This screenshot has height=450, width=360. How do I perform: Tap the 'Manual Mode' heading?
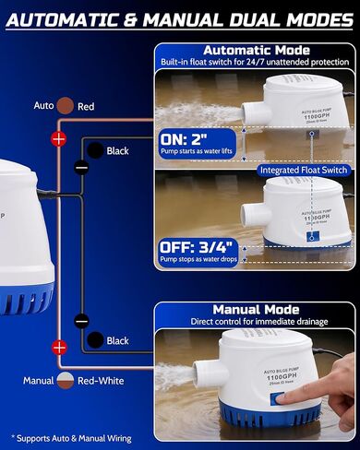[254, 310]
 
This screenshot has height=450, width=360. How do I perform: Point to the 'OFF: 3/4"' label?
[199, 246]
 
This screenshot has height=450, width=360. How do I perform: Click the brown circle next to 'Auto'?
[66, 106]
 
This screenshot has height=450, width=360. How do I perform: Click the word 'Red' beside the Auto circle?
[86, 107]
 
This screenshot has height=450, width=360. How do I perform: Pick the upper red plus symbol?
[59, 139]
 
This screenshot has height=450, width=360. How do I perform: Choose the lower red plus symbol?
[60, 348]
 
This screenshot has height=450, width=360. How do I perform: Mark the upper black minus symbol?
[81, 167]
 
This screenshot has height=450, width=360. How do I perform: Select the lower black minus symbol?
[81, 321]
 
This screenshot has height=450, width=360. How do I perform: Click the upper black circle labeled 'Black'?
[94, 150]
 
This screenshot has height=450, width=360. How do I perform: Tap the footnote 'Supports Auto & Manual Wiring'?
[74, 437]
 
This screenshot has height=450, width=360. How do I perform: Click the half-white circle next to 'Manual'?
[66, 380]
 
